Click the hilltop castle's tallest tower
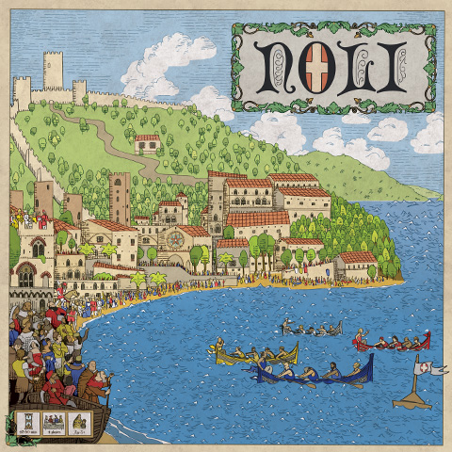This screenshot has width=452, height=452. tap(53, 71)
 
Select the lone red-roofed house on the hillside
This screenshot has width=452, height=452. tap(147, 143)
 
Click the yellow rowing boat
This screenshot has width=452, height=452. tap(256, 355)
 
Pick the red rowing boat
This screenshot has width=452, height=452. tap(391, 343)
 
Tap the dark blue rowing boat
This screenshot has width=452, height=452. tap(312, 373)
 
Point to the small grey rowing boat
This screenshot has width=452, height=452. tap(312, 331)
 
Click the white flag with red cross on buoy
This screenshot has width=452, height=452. tap(429, 368)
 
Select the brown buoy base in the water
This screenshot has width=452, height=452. tap(412, 400)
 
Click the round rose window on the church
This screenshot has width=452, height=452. tap(175, 237)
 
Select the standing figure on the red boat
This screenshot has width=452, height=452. tap(361, 333)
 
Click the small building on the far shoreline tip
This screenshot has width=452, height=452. tap(358, 266)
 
